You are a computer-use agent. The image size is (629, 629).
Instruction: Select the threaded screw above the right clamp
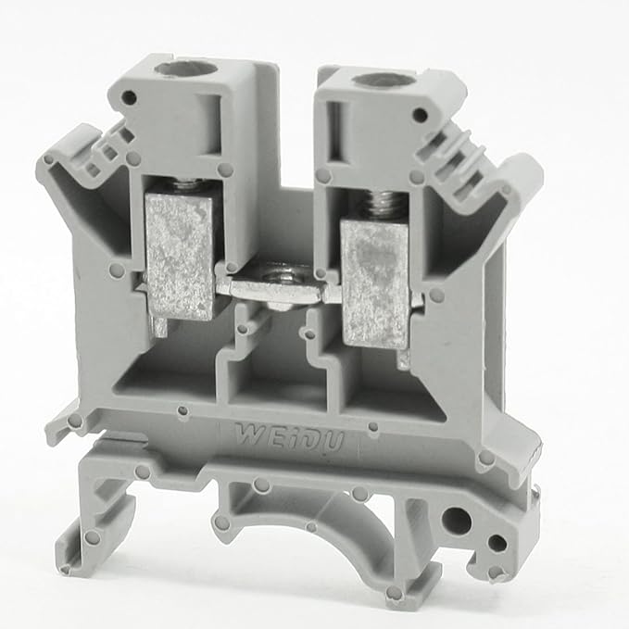(377, 205)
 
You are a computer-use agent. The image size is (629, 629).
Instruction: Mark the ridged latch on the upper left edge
(109, 148)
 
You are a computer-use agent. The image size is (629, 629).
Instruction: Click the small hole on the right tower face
(420, 115)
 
